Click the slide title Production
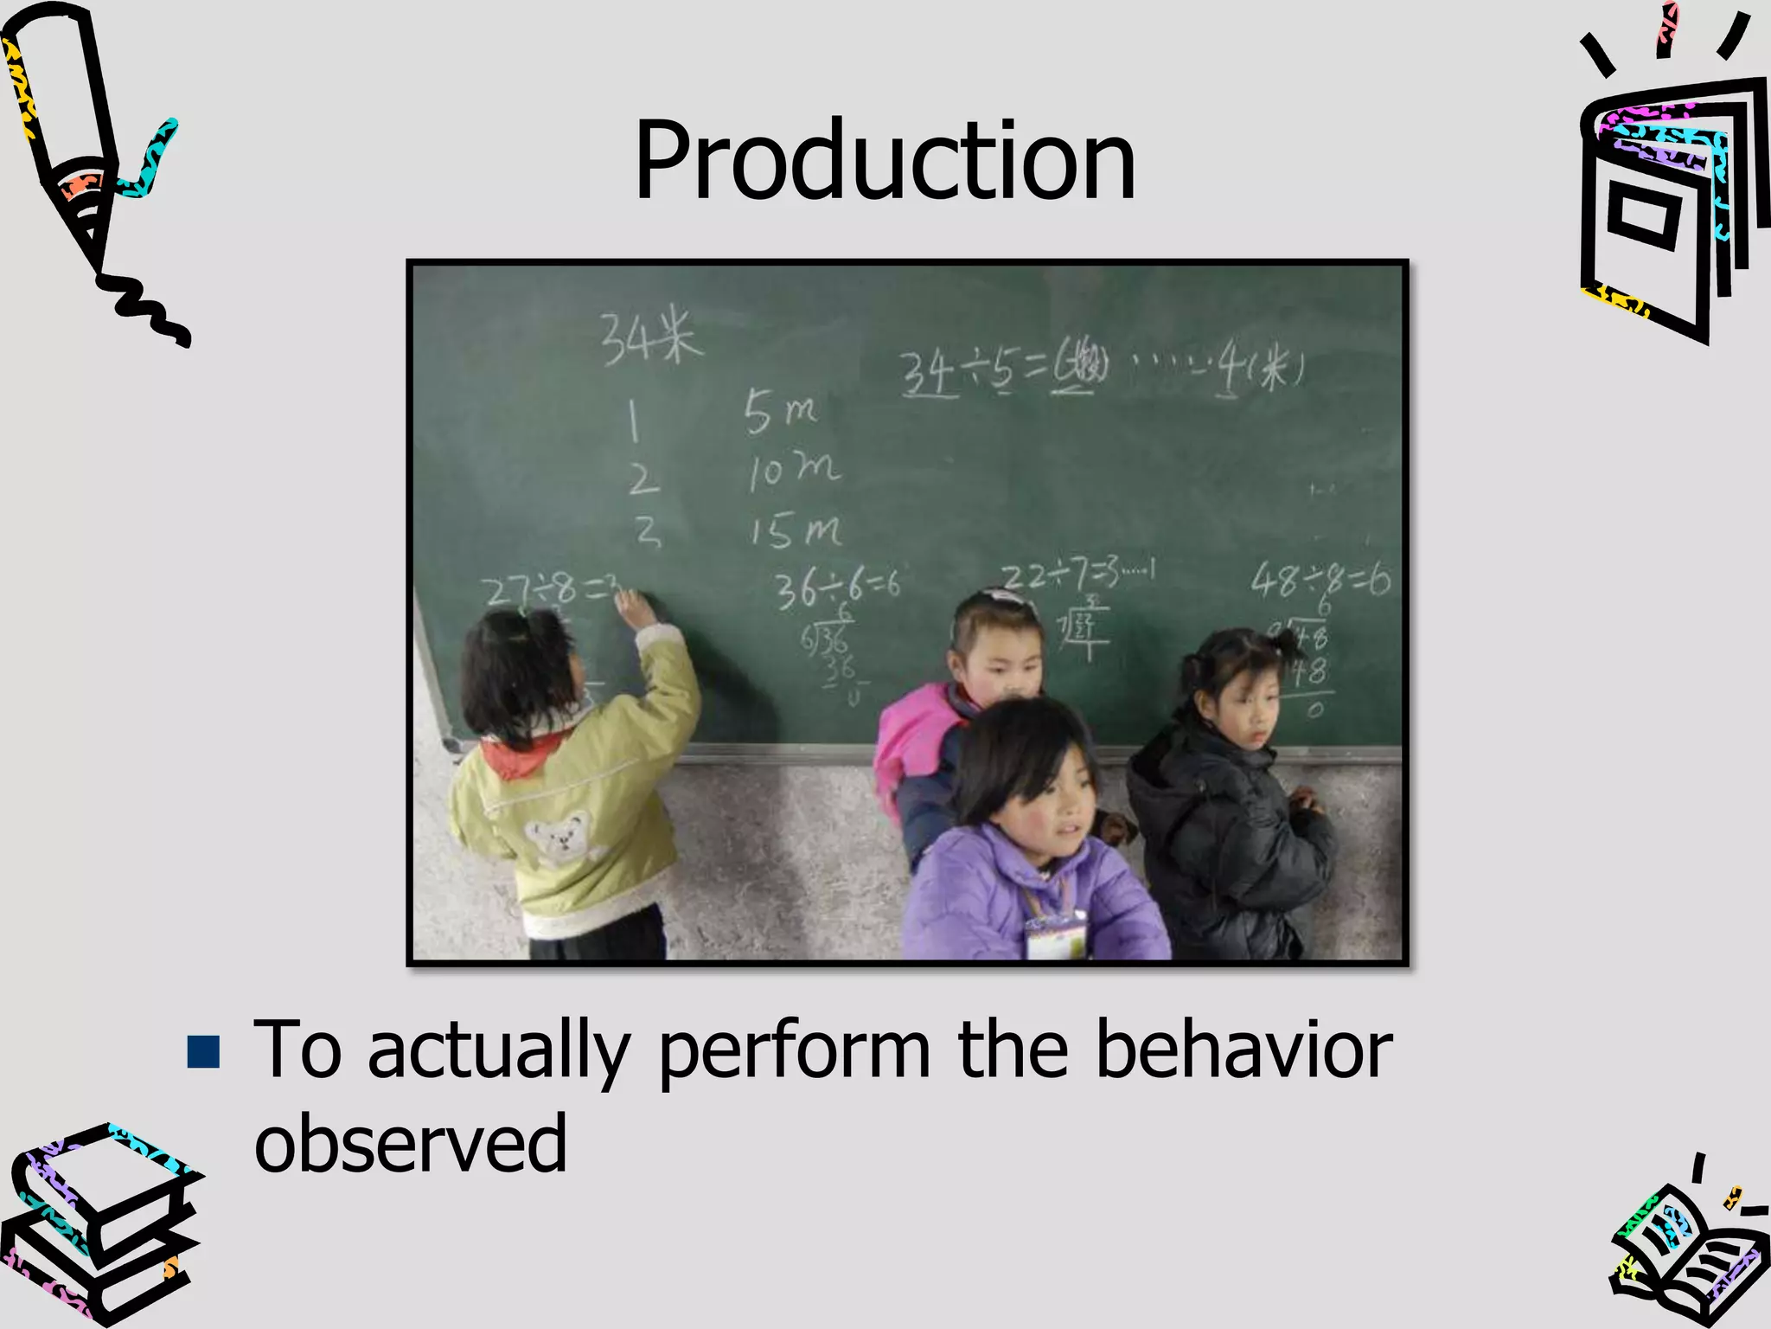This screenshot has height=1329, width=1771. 884,161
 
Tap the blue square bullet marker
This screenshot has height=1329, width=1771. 203,1051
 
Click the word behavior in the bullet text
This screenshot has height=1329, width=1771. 1244,1050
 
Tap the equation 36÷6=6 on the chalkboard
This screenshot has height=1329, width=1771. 836,589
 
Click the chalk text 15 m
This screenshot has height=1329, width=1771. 794,530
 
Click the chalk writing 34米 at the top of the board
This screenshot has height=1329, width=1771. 650,337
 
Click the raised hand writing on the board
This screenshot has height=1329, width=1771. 636,609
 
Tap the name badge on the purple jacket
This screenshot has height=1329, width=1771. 1055,937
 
